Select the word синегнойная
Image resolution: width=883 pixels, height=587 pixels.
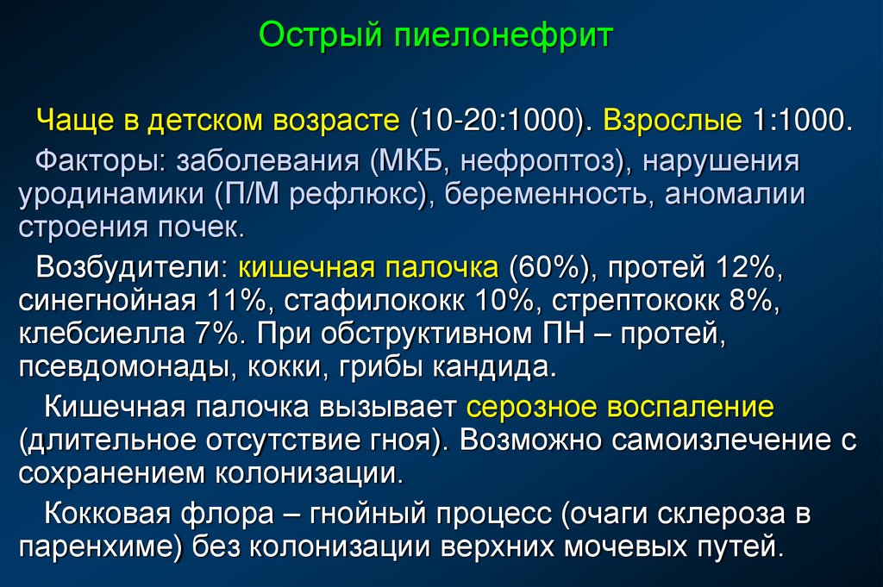[x=106, y=301]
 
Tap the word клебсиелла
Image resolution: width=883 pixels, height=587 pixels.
[x=102, y=334]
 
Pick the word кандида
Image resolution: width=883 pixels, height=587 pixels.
[x=494, y=367]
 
